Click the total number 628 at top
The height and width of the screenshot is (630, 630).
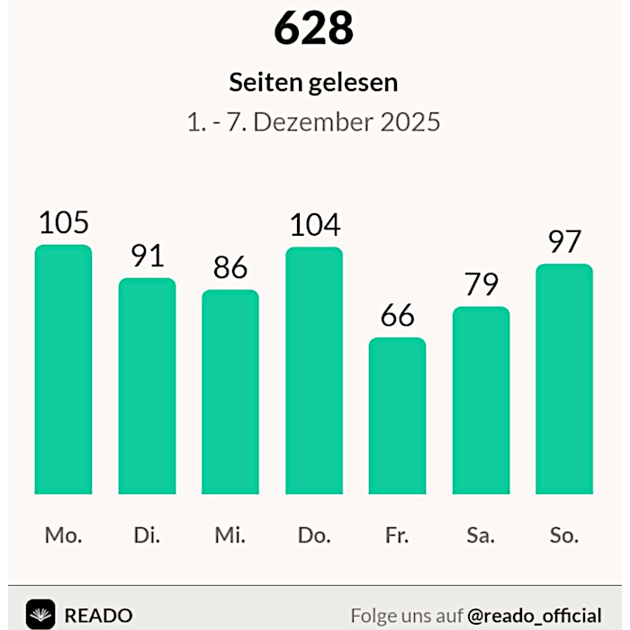tap(313, 29)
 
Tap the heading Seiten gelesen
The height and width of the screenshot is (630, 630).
tap(313, 83)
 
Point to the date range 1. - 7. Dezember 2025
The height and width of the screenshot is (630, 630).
tap(313, 121)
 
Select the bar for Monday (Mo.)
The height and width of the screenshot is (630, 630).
tap(63, 369)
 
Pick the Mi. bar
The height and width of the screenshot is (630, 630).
tap(230, 391)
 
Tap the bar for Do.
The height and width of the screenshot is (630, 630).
tap(314, 370)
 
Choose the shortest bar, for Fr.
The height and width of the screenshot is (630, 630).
tap(397, 416)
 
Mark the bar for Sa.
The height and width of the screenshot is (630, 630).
tap(481, 400)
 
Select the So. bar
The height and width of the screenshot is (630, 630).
tap(564, 379)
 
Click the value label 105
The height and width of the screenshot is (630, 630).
tap(63, 222)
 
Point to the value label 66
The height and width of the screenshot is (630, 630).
tap(397, 316)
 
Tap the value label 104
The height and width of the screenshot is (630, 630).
tap(314, 225)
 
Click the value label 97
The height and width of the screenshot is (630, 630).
tap(564, 242)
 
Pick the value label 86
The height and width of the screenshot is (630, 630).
tap(230, 268)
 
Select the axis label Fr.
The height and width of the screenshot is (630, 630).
tap(397, 535)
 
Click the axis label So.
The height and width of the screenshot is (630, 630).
tap(564, 535)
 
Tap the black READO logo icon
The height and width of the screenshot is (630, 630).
tap(40, 614)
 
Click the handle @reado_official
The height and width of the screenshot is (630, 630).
tap(535, 616)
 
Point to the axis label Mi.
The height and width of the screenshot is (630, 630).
tap(230, 535)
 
